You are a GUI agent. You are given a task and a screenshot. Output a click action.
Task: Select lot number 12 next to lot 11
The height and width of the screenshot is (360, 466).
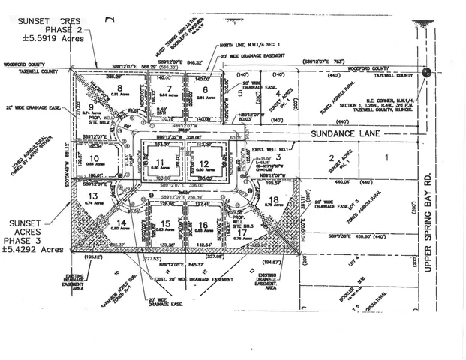(204, 164)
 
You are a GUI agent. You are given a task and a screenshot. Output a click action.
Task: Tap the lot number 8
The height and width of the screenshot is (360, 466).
(120, 88)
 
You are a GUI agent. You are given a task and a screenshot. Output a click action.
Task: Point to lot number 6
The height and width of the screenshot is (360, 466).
(204, 89)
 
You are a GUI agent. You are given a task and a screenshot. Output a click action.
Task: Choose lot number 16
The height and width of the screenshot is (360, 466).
(203, 224)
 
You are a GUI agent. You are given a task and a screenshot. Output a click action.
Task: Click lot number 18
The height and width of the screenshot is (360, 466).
(274, 199)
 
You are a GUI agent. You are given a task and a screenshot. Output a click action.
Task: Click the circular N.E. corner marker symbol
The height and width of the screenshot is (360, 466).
(426, 73)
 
